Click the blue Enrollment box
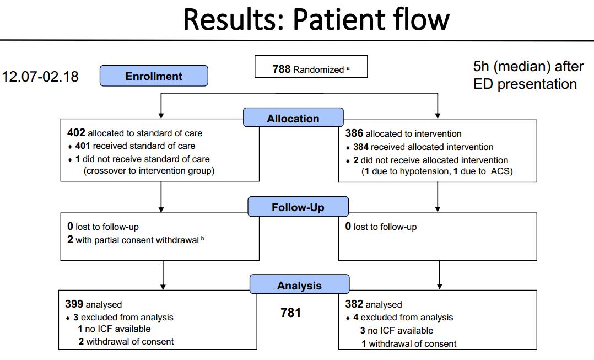coord(154,76)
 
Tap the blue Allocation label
coord(293,118)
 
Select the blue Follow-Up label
coord(298,207)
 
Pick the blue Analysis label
coord(299,285)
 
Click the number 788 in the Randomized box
coord(282,69)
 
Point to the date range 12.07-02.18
coord(40,77)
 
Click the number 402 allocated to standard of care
coord(76,133)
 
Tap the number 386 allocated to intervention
coord(354,133)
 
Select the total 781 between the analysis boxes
coord(290,313)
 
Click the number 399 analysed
coord(74,304)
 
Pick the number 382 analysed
coord(354,304)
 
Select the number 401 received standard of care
coord(83,146)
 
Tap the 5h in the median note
coord(481,67)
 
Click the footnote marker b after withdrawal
coord(203,238)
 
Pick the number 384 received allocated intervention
coord(360,147)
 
